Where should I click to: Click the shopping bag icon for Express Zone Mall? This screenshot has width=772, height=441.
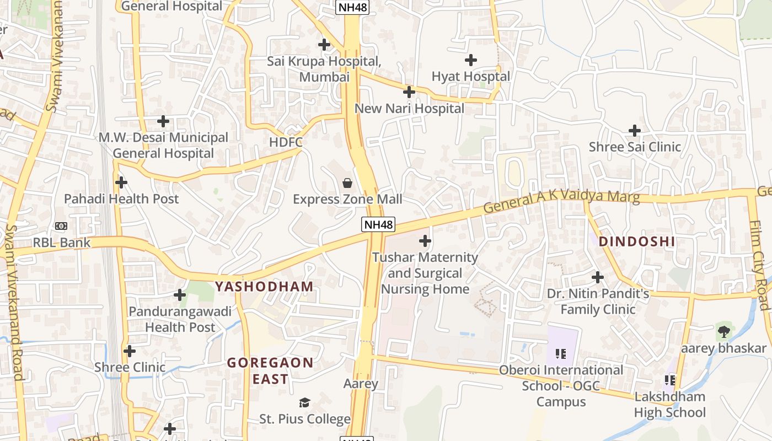click(347, 182)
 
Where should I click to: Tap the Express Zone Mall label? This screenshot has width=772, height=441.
click(347, 199)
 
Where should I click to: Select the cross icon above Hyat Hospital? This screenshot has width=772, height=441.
click(471, 60)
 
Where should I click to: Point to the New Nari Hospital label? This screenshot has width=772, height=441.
click(409, 109)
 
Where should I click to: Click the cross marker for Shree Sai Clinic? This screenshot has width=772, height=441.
click(635, 131)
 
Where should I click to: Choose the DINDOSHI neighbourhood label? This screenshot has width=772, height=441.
click(637, 241)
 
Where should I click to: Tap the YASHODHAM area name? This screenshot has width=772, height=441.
click(264, 287)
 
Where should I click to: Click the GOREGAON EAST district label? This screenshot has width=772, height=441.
click(270, 371)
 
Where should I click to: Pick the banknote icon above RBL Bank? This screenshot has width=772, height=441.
click(61, 225)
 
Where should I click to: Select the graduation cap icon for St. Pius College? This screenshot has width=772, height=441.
click(305, 402)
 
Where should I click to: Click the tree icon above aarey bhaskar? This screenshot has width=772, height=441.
click(723, 332)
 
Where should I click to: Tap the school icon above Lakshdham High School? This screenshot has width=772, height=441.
click(670, 380)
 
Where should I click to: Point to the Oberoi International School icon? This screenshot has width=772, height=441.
click(561, 353)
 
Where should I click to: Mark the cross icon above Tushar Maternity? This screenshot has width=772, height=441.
click(425, 241)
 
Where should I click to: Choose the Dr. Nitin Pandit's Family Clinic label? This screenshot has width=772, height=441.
click(598, 302)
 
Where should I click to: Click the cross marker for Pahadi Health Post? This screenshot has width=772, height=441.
click(121, 182)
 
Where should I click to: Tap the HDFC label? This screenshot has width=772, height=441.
click(286, 142)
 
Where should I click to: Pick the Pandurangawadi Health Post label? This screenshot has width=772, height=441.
click(180, 319)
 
